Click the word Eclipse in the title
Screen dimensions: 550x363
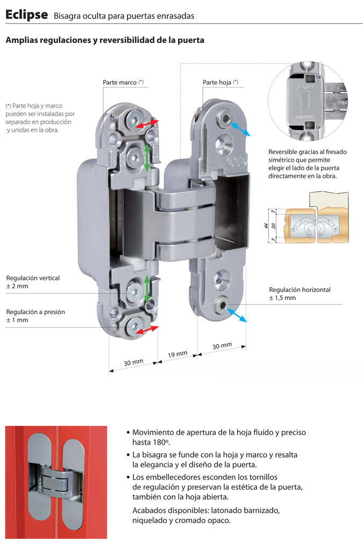pyautogui.click(x=26, y=15)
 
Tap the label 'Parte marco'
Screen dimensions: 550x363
pyautogui.click(x=120, y=83)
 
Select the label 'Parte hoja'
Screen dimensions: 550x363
pyautogui.click(x=217, y=83)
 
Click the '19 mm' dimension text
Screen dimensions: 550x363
pyautogui.click(x=177, y=354)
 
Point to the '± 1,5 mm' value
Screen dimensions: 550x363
pyautogui.click(x=282, y=298)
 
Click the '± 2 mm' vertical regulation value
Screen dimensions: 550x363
pyautogui.click(x=17, y=286)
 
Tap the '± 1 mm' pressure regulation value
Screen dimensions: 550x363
pyautogui.click(x=17, y=320)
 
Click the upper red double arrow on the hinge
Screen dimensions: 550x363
pyautogui.click(x=147, y=124)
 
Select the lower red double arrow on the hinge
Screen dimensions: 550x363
pyautogui.click(x=147, y=330)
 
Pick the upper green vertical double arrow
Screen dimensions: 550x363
pyautogui.click(x=147, y=157)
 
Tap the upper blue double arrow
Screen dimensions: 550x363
pyautogui.click(x=240, y=129)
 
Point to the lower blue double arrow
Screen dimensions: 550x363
pyautogui.click(x=237, y=315)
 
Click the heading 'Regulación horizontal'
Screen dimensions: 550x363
pyautogui.click(x=300, y=290)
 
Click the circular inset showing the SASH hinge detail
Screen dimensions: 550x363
pyautogui.click(x=308, y=100)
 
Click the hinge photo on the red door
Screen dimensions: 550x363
pyautogui.click(x=56, y=482)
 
